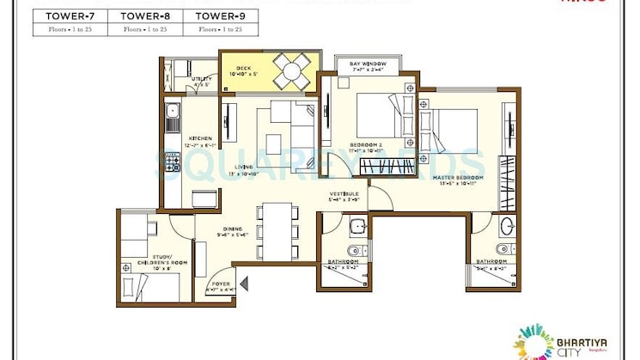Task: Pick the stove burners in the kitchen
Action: point(171,161)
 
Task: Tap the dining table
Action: point(276,231)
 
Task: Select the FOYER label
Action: point(221,286)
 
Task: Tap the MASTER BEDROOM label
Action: point(459,178)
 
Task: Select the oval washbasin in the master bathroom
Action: point(507,228)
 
